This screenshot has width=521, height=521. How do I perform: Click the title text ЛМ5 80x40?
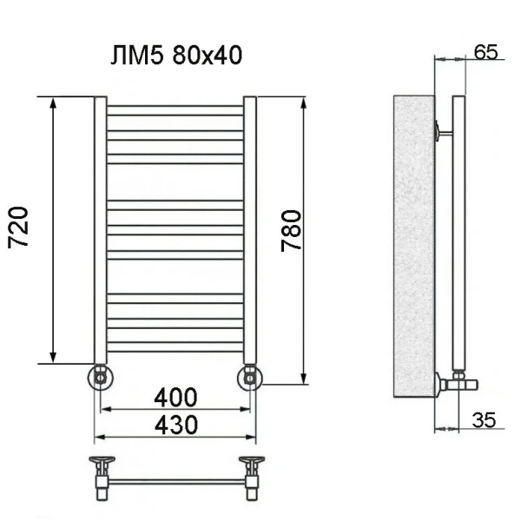175,56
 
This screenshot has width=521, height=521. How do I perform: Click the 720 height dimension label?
22,228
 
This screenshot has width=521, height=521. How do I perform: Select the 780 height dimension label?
292,231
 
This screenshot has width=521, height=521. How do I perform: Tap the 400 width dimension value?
175,398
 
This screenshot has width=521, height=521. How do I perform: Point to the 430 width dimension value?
175,425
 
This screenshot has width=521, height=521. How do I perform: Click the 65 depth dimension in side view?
485,52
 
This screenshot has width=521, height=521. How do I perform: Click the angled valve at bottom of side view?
453,379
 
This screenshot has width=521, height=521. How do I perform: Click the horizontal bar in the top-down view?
175,480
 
